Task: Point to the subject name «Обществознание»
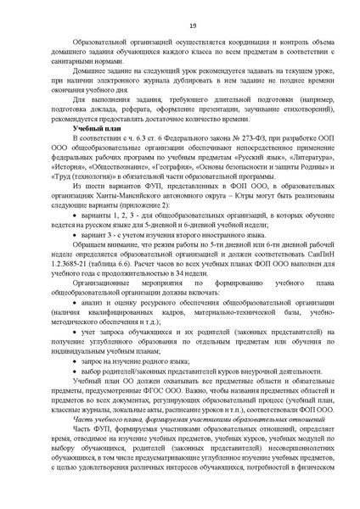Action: [121, 166]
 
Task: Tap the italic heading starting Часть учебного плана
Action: [171, 423]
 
